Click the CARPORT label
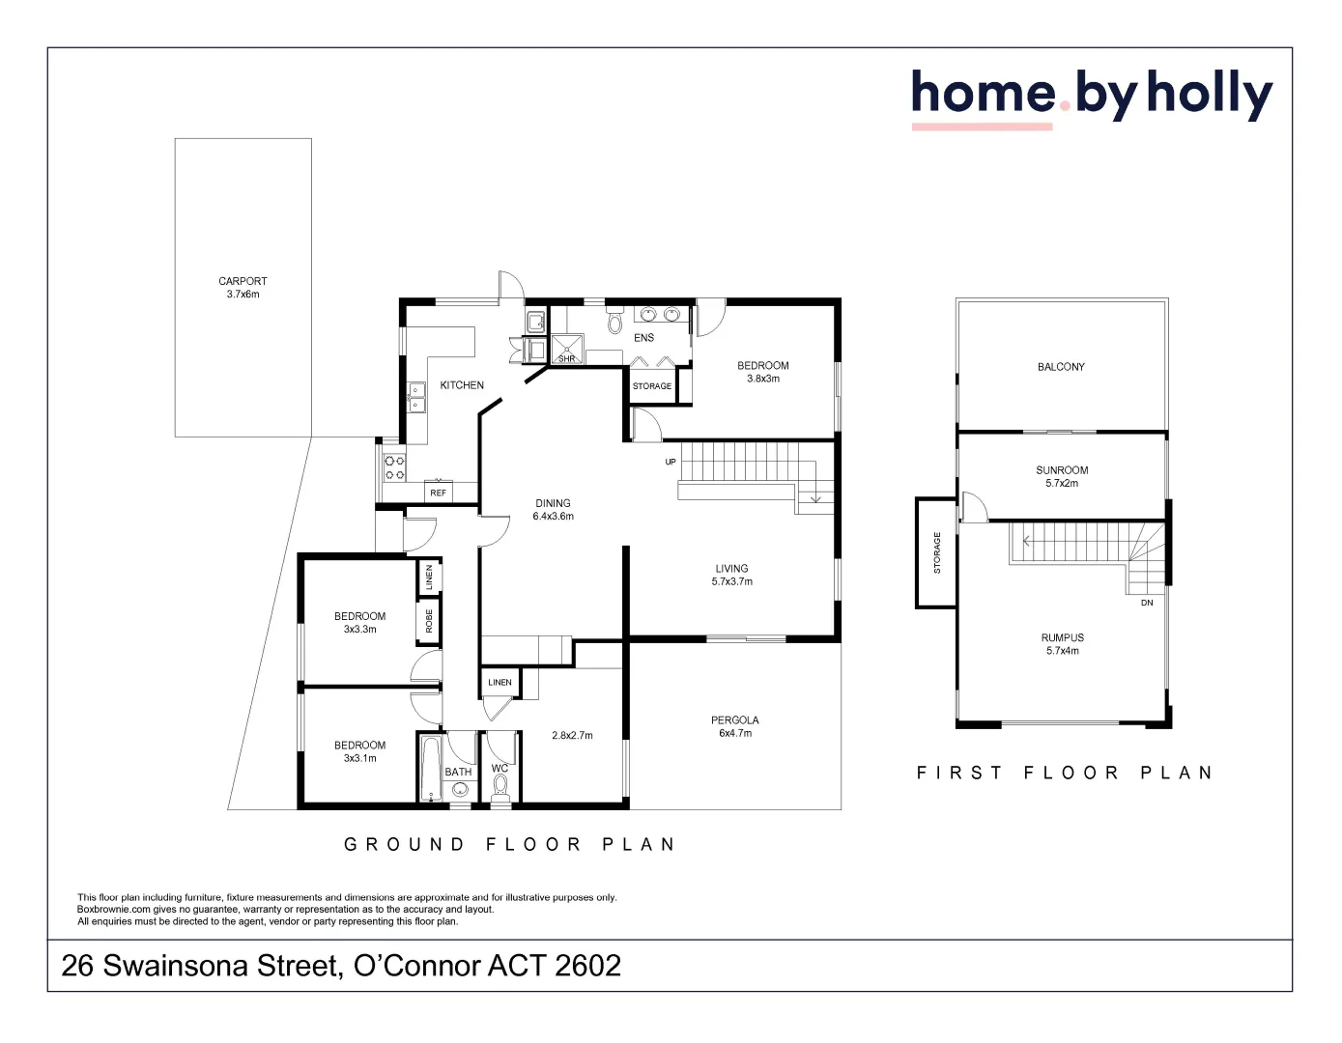coord(243,281)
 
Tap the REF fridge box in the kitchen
coord(439,493)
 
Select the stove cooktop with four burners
coord(394,468)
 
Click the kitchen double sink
coord(415,397)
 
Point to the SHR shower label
coord(567,358)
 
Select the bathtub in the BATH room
coord(430,768)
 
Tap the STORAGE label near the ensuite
coord(652,386)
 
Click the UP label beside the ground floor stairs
coord(671,462)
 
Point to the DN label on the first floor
coord(1147,603)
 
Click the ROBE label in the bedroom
coord(429,621)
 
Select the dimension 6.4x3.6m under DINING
coord(553,517)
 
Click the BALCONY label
coord(1061,367)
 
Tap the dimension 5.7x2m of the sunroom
coord(1062,484)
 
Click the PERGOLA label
coord(734,720)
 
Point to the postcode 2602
coord(587,966)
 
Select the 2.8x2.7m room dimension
coord(572,736)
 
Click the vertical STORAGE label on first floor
coord(936,552)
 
